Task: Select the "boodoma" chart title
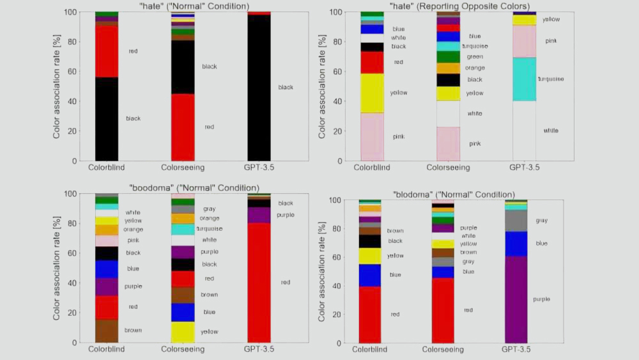click(194, 188)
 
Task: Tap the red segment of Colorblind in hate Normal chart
click(107, 51)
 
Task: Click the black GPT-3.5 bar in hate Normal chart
click(258, 87)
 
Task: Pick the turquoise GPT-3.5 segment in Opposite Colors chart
click(524, 79)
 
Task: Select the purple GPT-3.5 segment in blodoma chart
click(516, 299)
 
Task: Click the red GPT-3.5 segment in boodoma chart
click(258, 282)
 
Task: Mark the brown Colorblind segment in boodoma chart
click(107, 331)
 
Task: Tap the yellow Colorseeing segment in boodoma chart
click(183, 332)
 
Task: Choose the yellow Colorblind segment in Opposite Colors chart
click(372, 93)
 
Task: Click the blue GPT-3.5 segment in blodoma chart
click(516, 244)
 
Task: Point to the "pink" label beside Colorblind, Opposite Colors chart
click(399, 137)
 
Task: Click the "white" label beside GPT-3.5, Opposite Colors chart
click(550, 130)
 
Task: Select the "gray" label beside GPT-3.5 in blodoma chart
click(542, 221)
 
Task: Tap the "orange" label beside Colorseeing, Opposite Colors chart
click(474, 68)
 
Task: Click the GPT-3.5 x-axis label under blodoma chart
click(516, 350)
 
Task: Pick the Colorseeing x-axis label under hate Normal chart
click(183, 168)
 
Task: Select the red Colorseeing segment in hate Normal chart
click(183, 127)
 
